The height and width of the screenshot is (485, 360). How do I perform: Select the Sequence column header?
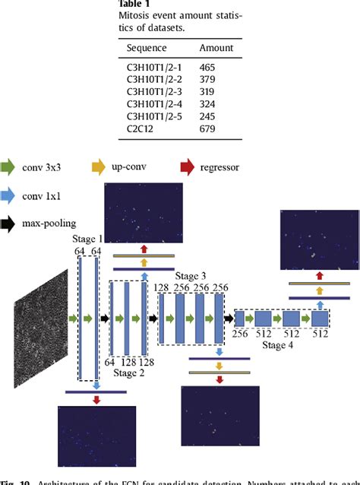pos(151,48)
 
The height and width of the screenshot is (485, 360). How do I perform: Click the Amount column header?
pos(216,48)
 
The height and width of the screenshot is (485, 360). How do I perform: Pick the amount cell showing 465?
pos(208,68)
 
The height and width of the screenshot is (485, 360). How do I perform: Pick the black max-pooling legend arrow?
pos(11,223)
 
